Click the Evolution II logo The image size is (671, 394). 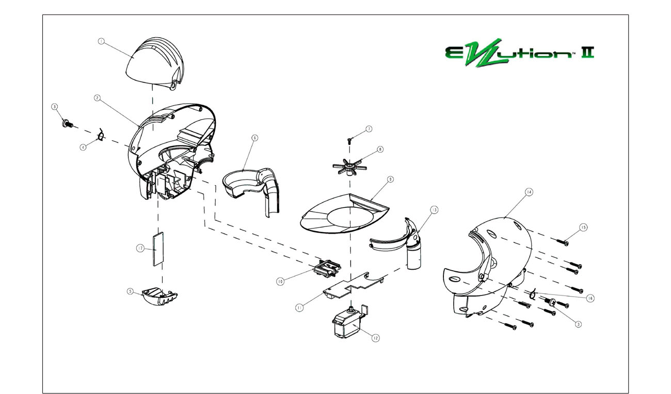pyautogui.click(x=518, y=52)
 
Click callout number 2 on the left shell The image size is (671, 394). pyautogui.click(x=97, y=97)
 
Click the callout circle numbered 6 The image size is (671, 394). pyautogui.click(x=254, y=138)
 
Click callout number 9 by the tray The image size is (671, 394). pyautogui.click(x=390, y=179)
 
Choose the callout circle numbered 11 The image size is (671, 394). pyautogui.click(x=299, y=307)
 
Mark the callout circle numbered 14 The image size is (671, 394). pyautogui.click(x=529, y=191)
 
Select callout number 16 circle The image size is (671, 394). pyautogui.click(x=590, y=298)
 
